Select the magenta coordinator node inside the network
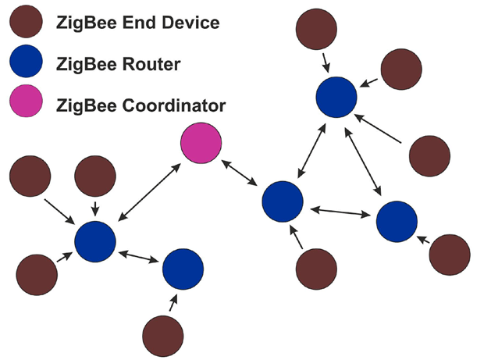pyautogui.click(x=201, y=144)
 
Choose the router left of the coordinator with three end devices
pyautogui.click(x=95, y=241)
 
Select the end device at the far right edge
pyautogui.click(x=450, y=254)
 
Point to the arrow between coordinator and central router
pyautogui.click(x=240, y=173)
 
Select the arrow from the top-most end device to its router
pyautogui.click(x=326, y=60)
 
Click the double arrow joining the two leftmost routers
pyautogui.click(x=139, y=255)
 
